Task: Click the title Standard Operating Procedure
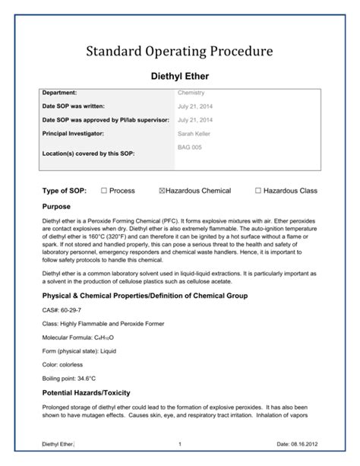(179, 52)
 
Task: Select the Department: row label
(65, 93)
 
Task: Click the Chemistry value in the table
(191, 93)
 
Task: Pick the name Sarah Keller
(195, 133)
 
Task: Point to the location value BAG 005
(190, 145)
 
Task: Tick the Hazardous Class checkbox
(258, 190)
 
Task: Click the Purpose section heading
(57, 206)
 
